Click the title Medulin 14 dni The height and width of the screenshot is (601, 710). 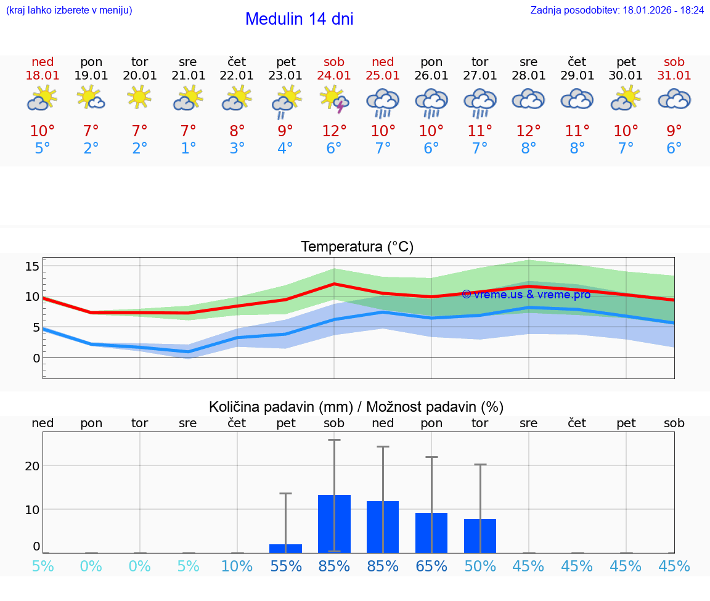(299, 19)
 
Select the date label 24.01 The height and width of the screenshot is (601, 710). (334, 76)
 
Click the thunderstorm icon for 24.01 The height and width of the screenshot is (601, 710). (335, 100)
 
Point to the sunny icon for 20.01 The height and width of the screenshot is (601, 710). (139, 96)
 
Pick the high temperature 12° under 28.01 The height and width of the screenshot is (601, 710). (528, 131)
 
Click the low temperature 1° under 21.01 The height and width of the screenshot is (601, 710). (188, 148)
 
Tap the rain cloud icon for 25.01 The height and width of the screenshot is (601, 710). (383, 102)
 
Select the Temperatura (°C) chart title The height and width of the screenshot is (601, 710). (357, 247)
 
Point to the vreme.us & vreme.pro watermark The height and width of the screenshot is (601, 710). (526, 294)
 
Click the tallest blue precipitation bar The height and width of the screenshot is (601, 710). (334, 524)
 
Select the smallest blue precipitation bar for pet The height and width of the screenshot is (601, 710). (285, 548)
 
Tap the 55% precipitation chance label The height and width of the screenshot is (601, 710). (285, 566)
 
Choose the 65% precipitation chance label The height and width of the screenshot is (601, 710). (431, 566)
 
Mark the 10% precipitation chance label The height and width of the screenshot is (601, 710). (237, 566)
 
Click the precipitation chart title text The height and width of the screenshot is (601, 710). (356, 407)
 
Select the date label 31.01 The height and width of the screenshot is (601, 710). (674, 76)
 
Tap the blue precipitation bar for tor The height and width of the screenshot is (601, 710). (480, 536)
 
